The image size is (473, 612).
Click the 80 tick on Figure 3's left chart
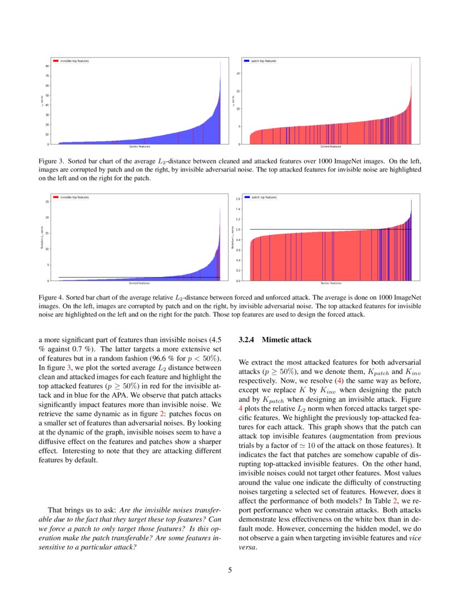pos(47,66)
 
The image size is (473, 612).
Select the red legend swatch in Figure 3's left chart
pos(56,61)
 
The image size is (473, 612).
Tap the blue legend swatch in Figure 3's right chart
pos(247,61)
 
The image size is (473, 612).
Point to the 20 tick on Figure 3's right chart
pos(238,73)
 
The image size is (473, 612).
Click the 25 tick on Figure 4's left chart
pos(47,201)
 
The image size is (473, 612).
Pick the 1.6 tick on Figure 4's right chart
pos(238,199)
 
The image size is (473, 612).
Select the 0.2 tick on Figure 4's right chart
pos(238,270)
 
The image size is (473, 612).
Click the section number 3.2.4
pos(247,339)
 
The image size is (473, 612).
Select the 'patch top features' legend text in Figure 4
pos(264,197)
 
